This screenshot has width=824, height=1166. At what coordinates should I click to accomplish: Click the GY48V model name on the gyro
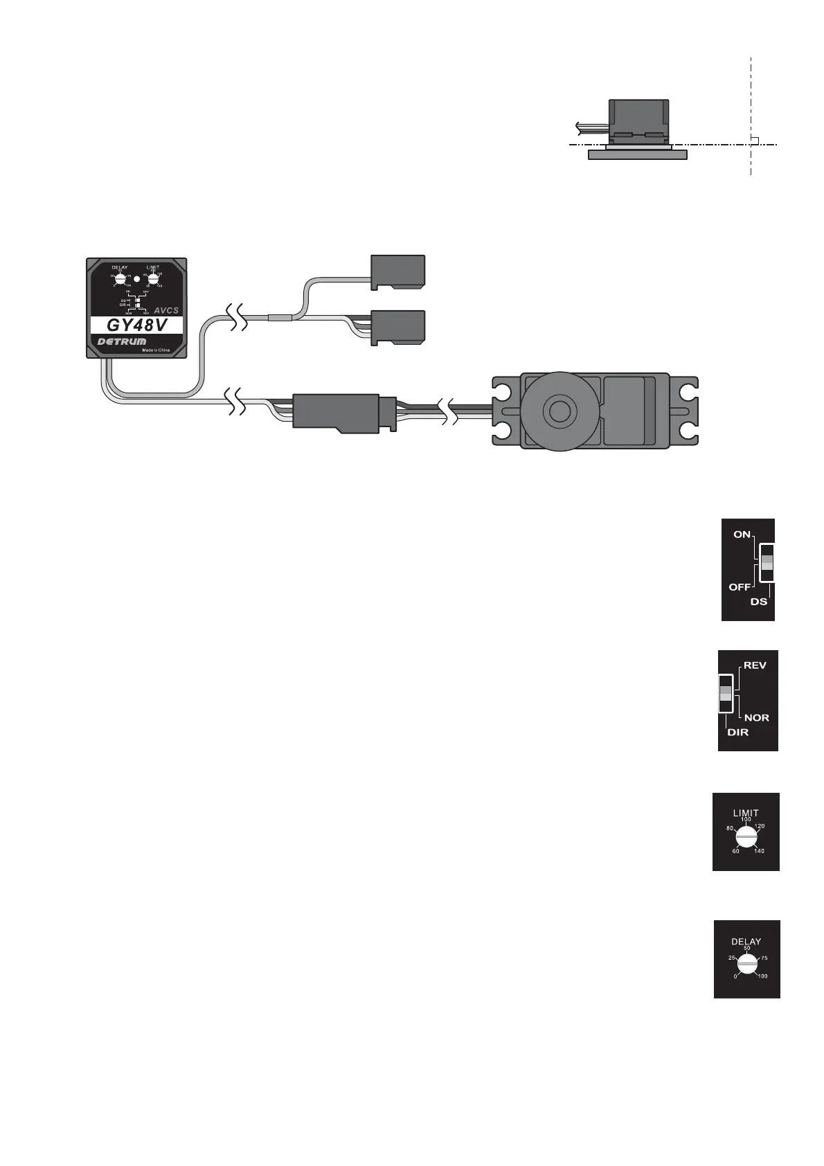click(136, 325)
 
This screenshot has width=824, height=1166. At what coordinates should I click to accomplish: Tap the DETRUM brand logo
click(122, 342)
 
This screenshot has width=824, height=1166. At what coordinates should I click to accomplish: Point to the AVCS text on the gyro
click(166, 310)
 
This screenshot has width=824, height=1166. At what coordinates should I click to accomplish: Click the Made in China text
click(156, 350)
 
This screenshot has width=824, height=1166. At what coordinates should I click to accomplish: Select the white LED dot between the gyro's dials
click(137, 279)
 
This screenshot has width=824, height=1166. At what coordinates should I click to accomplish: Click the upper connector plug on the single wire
click(397, 271)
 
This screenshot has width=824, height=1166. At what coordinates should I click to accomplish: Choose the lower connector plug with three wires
click(397, 327)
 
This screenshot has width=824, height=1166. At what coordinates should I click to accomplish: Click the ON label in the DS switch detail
click(742, 535)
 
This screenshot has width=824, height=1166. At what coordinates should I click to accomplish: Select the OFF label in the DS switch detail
click(740, 587)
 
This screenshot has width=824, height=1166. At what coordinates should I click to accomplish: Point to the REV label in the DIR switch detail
click(755, 665)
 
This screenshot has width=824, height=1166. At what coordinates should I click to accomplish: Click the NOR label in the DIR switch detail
click(757, 718)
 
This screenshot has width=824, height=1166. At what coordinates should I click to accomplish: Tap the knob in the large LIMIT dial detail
click(746, 838)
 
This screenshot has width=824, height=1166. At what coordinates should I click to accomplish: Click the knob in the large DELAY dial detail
click(746, 965)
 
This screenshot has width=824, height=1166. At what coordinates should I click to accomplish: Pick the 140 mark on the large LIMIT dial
click(760, 851)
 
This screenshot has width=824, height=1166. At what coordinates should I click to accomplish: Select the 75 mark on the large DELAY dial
click(764, 958)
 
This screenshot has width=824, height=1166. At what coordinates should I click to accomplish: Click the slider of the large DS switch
click(767, 562)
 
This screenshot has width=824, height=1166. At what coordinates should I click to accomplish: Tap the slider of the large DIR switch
click(726, 692)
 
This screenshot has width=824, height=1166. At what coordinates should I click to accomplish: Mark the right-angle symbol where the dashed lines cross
click(755, 141)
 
